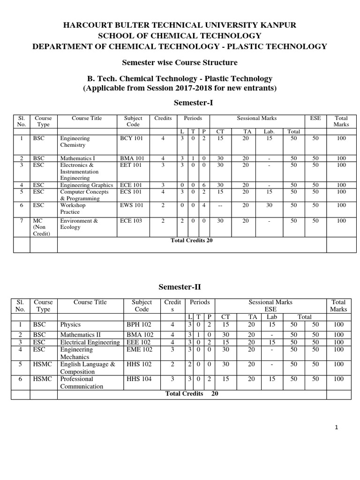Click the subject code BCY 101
[130, 139]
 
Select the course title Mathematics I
[78, 158]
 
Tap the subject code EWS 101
[130, 205]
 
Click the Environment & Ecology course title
[79, 224]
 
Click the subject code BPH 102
[139, 324]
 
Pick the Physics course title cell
[71, 324]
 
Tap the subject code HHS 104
[139, 379]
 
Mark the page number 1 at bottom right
[337, 427]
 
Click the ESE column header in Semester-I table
[315, 119]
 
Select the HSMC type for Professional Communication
[43, 379]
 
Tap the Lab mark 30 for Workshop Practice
[269, 205]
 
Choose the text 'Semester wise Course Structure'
[180, 62]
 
